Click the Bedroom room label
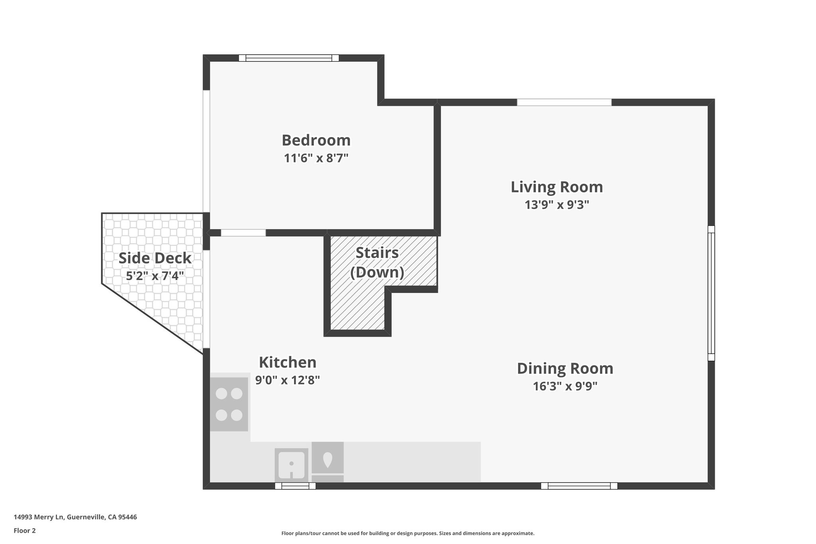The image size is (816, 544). (316, 140)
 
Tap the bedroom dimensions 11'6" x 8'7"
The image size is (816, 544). (316, 158)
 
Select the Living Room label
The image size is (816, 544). (557, 187)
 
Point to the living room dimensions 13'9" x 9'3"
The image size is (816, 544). (557, 205)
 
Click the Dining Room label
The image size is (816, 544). (565, 368)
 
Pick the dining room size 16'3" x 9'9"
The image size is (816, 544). (565, 386)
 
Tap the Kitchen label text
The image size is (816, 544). (288, 362)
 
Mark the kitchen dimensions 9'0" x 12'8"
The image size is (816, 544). (288, 380)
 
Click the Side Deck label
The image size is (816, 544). (155, 258)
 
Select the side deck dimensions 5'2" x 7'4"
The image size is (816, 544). (155, 275)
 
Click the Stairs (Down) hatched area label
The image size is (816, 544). (377, 262)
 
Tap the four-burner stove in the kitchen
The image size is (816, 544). (229, 404)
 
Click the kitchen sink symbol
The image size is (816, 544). (291, 465)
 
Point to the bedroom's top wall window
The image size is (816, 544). (288, 58)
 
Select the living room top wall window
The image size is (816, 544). (564, 102)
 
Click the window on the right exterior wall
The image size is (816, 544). (711, 293)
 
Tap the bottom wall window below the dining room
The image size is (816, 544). (579, 486)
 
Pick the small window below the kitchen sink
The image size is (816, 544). (295, 486)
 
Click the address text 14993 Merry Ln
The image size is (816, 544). (75, 517)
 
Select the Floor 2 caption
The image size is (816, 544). (25, 530)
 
